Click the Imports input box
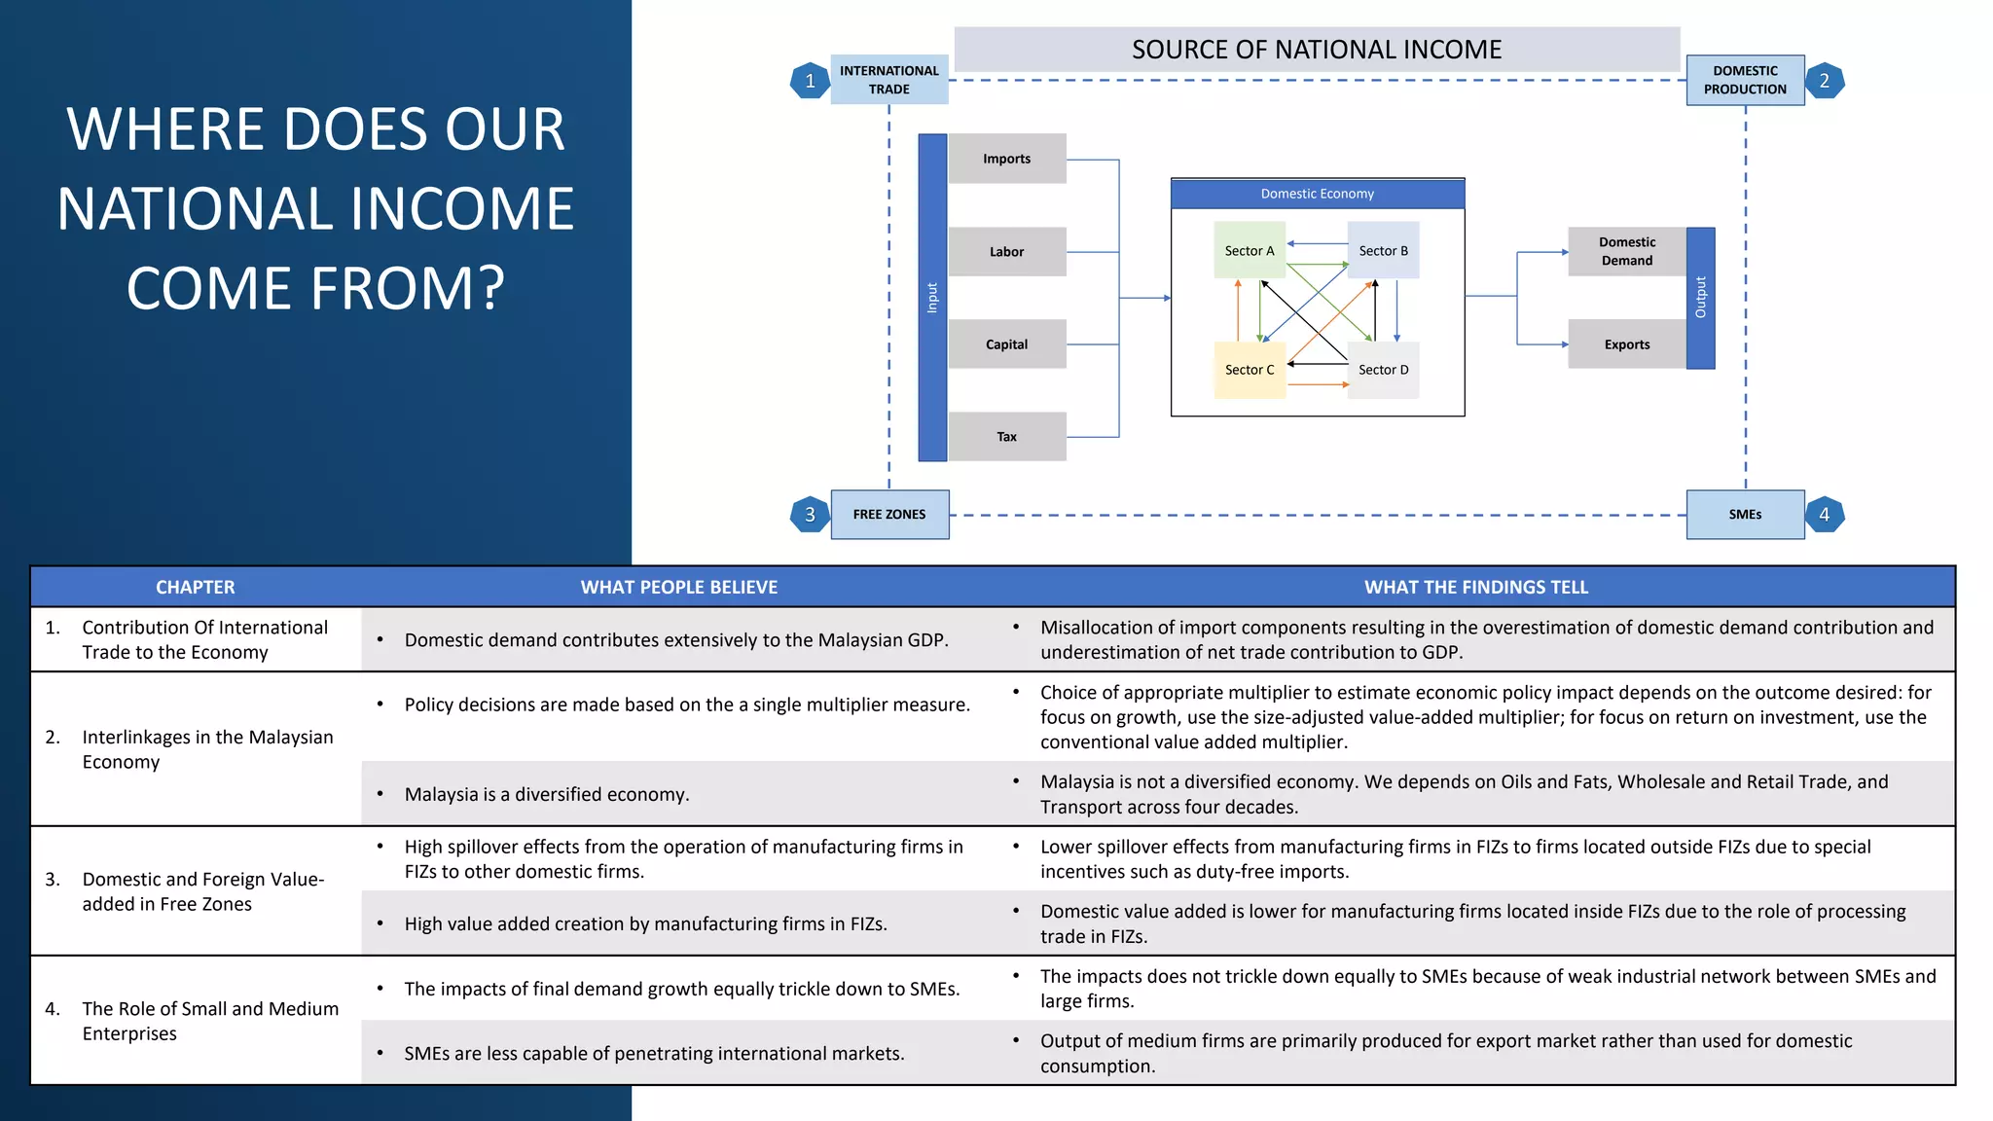(x=1006, y=159)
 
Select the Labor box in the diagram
(x=1006, y=252)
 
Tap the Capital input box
(x=1006, y=344)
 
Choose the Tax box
(x=1006, y=437)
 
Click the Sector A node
(x=1249, y=250)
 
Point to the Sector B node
(x=1383, y=250)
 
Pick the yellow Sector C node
(x=1249, y=370)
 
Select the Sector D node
(x=1383, y=370)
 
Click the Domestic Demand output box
(x=1626, y=251)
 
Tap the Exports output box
(x=1626, y=344)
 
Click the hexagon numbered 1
(x=810, y=81)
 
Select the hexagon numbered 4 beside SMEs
(x=1824, y=515)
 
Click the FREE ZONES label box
(x=889, y=515)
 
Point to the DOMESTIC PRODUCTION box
(x=1745, y=80)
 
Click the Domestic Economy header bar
(x=1317, y=194)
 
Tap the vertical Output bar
(x=1700, y=298)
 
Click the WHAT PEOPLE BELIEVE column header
(x=678, y=587)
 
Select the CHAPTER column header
(x=195, y=587)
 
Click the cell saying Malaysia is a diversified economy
(x=546, y=794)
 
